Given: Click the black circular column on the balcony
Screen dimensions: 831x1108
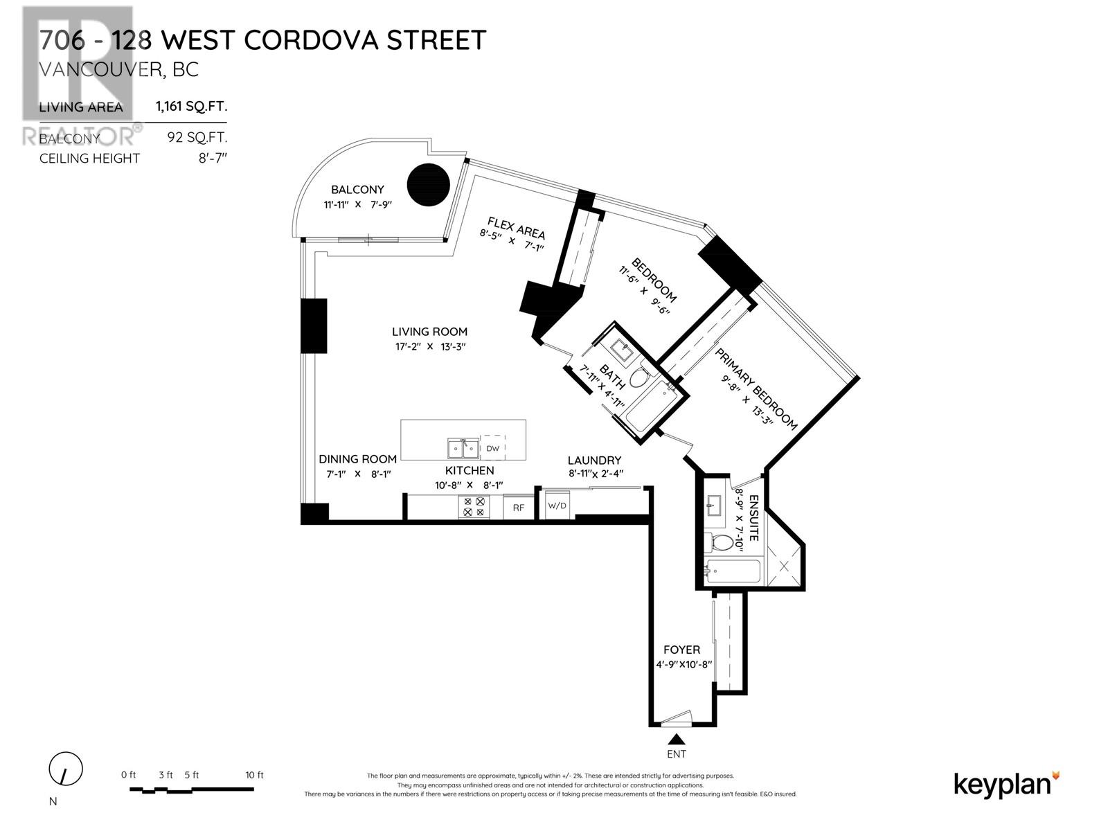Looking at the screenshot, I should (427, 184).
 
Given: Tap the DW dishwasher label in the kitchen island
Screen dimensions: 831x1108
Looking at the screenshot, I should (492, 449).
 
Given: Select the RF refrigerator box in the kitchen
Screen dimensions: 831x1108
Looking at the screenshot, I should (518, 507).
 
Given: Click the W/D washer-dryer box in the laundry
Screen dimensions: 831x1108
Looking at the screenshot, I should (557, 505).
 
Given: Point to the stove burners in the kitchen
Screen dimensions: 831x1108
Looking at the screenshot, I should (474, 507).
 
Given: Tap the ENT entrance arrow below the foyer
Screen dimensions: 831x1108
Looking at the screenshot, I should (677, 741).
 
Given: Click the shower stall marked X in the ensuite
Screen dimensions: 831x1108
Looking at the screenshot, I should (784, 567).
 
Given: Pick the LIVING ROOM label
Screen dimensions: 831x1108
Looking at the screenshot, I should (429, 332).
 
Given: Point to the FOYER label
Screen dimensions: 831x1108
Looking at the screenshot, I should (681, 650).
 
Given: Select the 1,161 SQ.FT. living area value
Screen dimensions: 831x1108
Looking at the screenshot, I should (191, 107).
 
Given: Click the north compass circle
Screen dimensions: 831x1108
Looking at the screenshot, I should (66, 769).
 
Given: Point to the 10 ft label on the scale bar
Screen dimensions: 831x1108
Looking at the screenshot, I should (254, 775).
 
